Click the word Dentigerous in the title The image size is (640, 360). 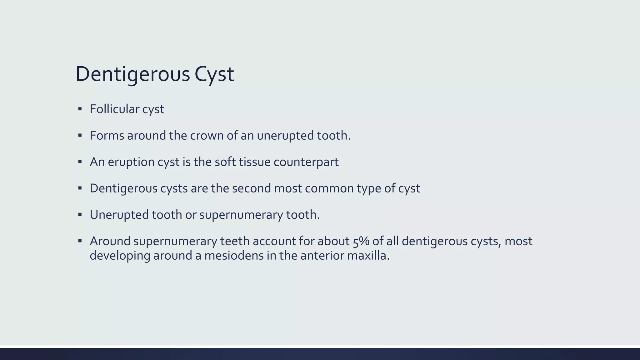(x=133, y=74)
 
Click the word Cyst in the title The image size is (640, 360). (x=214, y=74)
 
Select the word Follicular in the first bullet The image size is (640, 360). (x=114, y=109)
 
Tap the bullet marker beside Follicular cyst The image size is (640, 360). (x=80, y=109)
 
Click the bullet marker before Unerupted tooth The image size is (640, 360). (x=80, y=215)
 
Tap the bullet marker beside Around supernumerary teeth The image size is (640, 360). (x=80, y=241)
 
